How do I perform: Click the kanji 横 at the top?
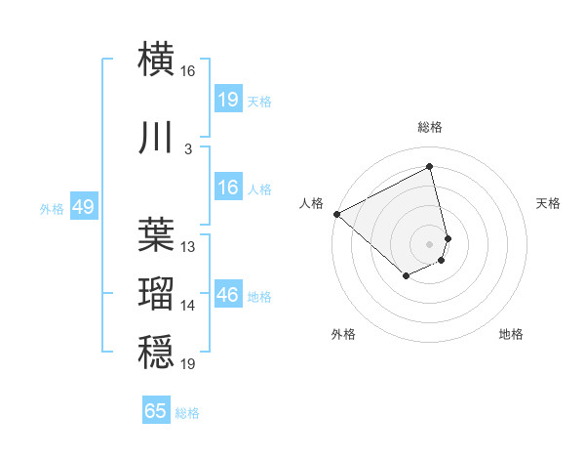click(156, 59)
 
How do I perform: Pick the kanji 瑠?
click(156, 292)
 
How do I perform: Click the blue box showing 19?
click(227, 99)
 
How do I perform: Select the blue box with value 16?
click(227, 188)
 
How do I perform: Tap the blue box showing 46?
click(227, 295)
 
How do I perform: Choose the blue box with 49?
click(83, 207)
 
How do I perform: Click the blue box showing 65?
click(156, 411)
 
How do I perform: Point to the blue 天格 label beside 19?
click(258, 101)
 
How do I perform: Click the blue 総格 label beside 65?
click(187, 413)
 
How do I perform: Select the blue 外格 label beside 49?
click(52, 209)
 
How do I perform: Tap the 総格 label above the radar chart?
click(429, 127)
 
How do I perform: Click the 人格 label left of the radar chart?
click(311, 203)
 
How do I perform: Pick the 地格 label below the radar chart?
click(511, 335)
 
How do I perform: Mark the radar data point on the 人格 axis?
click(336, 213)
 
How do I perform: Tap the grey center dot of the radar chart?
click(429, 243)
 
